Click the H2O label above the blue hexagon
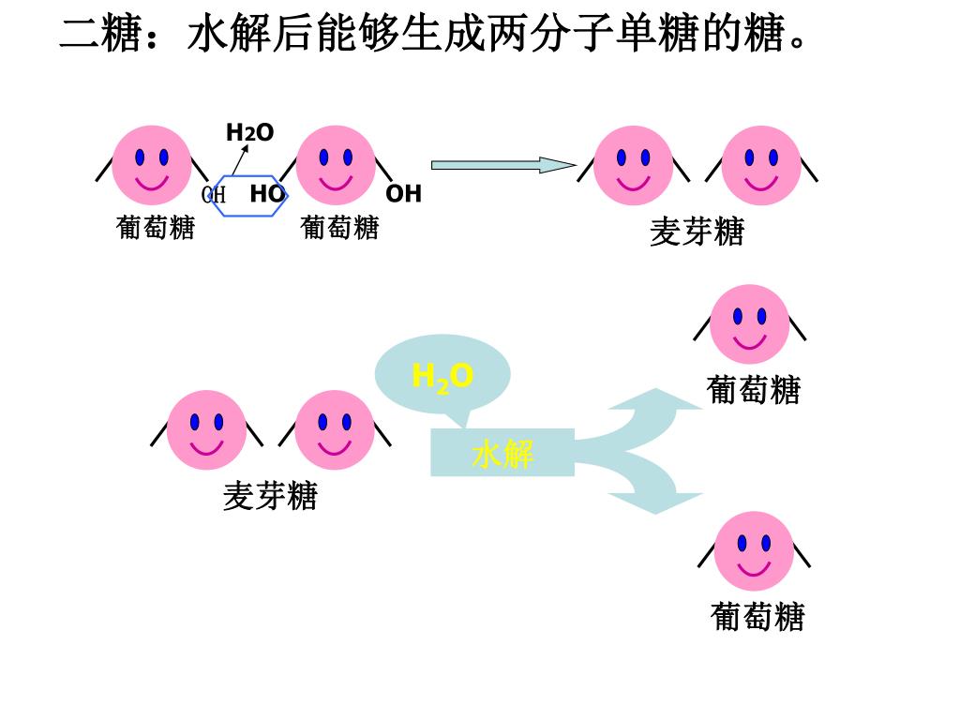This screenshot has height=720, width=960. click(249, 133)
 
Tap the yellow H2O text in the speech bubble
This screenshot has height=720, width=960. click(442, 377)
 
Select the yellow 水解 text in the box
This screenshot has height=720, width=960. click(502, 454)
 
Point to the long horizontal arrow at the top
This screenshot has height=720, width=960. click(502, 166)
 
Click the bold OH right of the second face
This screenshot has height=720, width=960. click(404, 194)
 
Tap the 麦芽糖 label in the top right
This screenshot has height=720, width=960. click(697, 232)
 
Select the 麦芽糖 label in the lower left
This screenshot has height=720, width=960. click(270, 496)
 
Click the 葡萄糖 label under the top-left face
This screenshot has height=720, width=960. click(156, 227)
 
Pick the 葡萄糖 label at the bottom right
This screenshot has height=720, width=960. click(757, 617)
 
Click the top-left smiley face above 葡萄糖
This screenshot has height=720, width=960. click(152, 165)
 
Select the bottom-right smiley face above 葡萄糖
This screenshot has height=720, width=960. click(754, 551)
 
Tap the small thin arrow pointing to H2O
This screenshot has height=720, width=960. click(240, 158)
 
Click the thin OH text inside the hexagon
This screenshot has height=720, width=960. click(214, 195)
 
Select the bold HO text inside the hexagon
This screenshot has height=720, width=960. click(266, 194)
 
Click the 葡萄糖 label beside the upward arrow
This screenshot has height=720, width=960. click(754, 389)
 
